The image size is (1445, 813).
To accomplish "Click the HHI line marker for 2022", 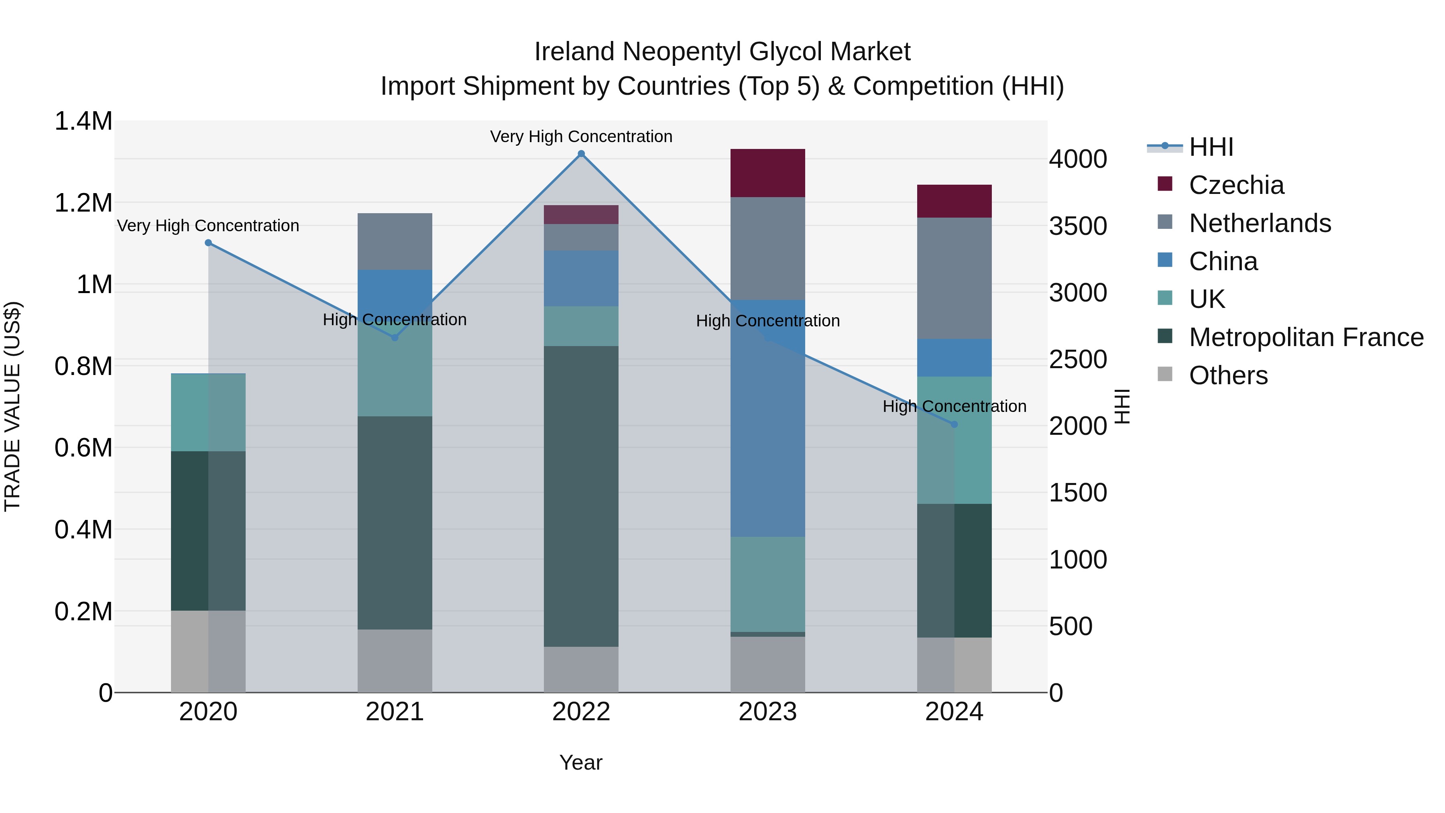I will point(581,154).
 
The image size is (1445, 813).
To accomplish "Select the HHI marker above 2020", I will point(208,243).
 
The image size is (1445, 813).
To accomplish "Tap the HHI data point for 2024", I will point(954,424).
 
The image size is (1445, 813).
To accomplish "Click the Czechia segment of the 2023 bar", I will point(767,173).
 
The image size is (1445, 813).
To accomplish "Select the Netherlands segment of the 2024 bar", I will point(954,278).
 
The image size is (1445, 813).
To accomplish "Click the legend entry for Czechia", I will point(1236,185).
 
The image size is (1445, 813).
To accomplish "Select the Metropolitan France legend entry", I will point(1306,337).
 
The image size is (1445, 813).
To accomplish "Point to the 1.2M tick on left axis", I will point(83,203).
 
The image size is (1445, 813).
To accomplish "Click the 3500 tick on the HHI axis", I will point(1078,226).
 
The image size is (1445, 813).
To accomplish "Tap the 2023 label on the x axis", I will point(767,712).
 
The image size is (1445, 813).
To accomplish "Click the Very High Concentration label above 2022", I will point(581,137).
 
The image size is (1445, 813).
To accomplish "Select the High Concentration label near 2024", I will point(954,406).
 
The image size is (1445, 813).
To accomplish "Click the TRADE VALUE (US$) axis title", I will point(12,406).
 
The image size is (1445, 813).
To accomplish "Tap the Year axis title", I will point(580,762).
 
